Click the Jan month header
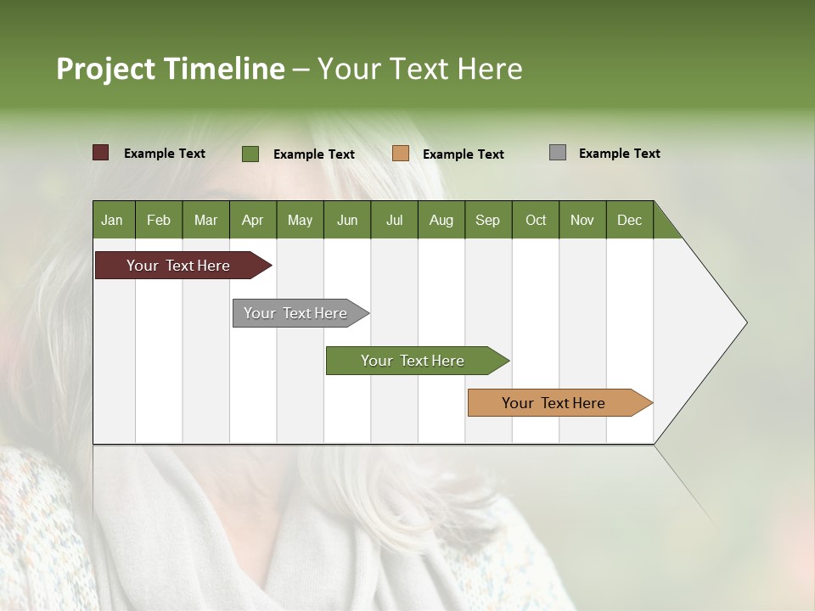pyautogui.click(x=113, y=220)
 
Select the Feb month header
pyautogui.click(x=159, y=220)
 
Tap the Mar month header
pyautogui.click(x=205, y=220)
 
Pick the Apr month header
pyautogui.click(x=253, y=220)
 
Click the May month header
pyautogui.click(x=300, y=220)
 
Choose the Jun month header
pyautogui.click(x=347, y=220)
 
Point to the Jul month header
pyautogui.click(x=394, y=220)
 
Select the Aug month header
pyautogui.click(x=441, y=220)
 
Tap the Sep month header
pyautogui.click(x=488, y=220)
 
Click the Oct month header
pyautogui.click(x=536, y=220)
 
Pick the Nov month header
pyautogui.click(x=582, y=220)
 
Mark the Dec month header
pyautogui.click(x=630, y=220)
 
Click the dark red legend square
pyautogui.click(x=101, y=153)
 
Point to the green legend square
pyautogui.click(x=250, y=154)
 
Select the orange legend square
pyautogui.click(x=401, y=154)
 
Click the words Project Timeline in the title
pyautogui.click(x=171, y=69)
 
